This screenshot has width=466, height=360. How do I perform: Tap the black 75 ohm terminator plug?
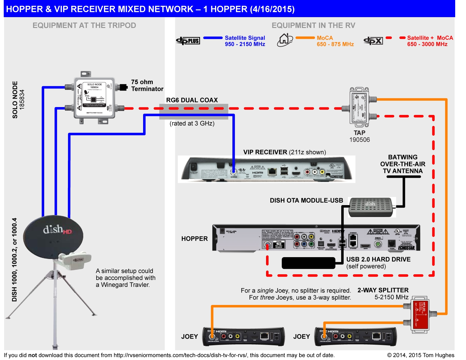click(x=123, y=87)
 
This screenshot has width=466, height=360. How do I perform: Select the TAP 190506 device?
click(x=359, y=106)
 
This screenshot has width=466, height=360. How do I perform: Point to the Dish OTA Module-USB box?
click(x=371, y=207)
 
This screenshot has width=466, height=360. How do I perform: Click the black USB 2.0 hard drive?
click(x=308, y=263)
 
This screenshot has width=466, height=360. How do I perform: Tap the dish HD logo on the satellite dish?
click(x=57, y=230)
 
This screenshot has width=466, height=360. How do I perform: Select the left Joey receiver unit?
click(x=244, y=336)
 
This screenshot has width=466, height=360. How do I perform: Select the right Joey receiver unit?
click(x=355, y=336)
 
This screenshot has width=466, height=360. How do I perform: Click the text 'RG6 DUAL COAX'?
click(x=192, y=100)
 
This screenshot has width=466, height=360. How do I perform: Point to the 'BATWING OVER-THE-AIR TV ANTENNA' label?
click(x=403, y=164)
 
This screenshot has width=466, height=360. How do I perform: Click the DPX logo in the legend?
click(x=373, y=41)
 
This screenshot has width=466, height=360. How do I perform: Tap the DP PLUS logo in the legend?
click(x=188, y=41)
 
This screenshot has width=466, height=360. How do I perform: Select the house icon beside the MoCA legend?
click(x=285, y=40)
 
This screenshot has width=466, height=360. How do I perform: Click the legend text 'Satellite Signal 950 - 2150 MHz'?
click(x=245, y=41)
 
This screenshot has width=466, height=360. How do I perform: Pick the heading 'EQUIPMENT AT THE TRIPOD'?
click(x=84, y=26)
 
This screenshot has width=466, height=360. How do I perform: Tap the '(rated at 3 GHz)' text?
click(x=192, y=124)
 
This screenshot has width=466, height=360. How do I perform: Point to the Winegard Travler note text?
click(x=125, y=278)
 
